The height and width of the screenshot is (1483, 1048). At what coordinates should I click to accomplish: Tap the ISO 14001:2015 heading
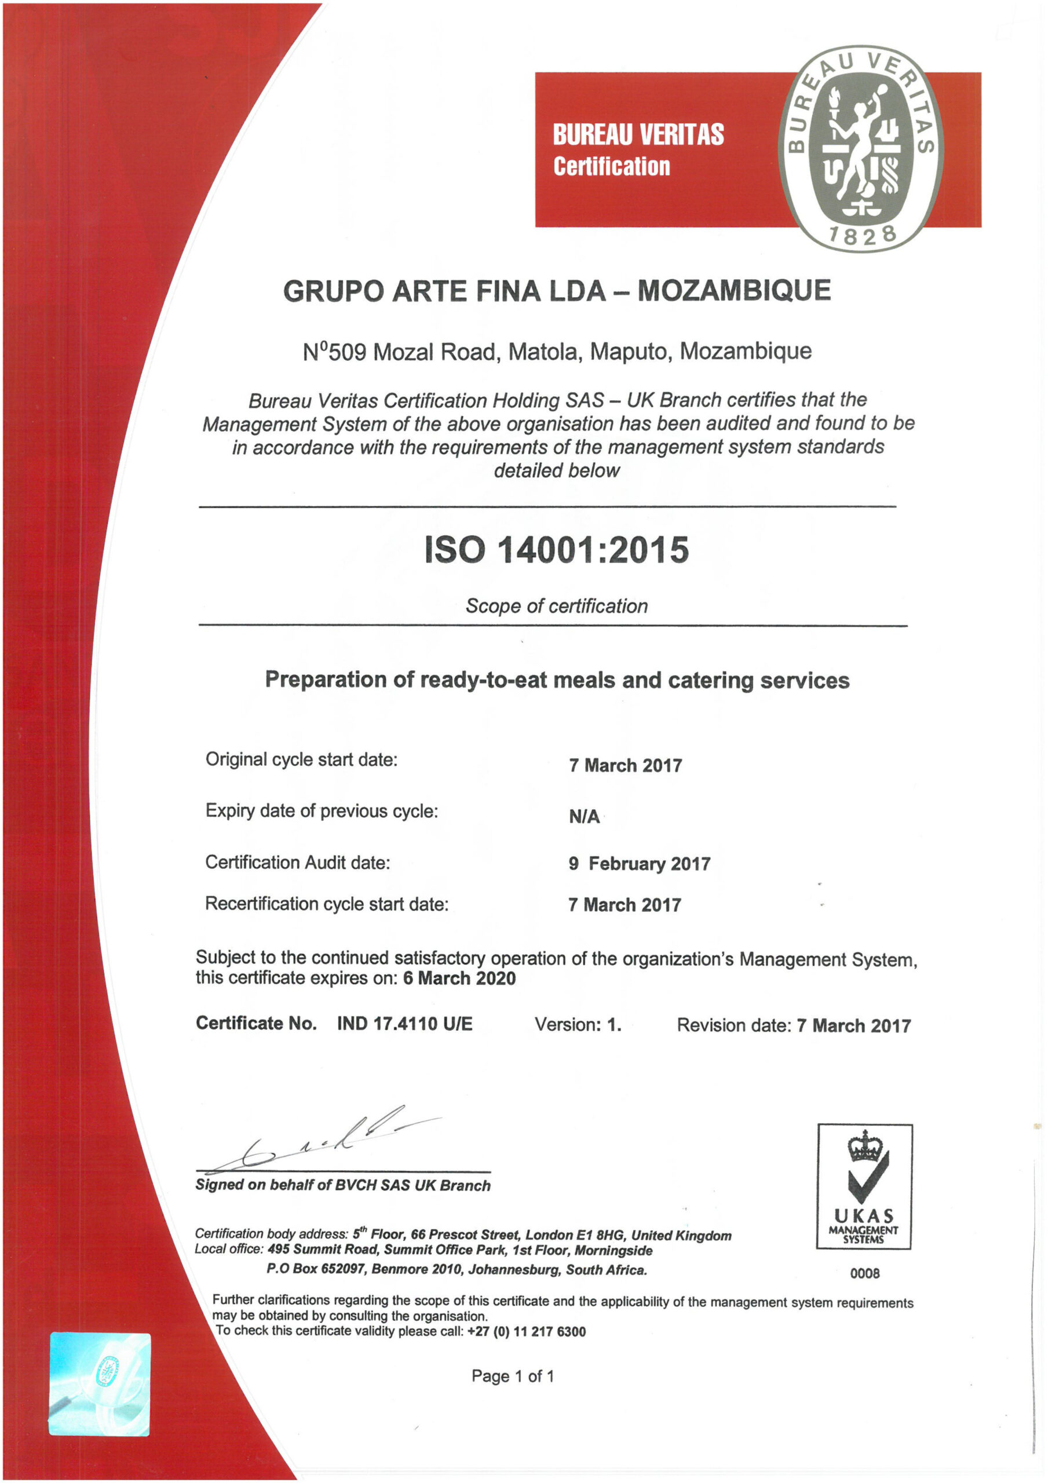pyautogui.click(x=556, y=550)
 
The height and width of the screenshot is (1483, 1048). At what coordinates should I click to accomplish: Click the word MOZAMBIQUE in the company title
pyautogui.click(x=734, y=291)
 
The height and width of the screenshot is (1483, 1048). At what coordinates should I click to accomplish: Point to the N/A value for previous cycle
pyautogui.click(x=583, y=817)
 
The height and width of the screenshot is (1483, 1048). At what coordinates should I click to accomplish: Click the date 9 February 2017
pyautogui.click(x=639, y=864)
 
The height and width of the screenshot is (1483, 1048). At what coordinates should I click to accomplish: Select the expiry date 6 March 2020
pyautogui.click(x=459, y=978)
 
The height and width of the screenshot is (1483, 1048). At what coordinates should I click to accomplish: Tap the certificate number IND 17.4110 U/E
pyautogui.click(x=404, y=1024)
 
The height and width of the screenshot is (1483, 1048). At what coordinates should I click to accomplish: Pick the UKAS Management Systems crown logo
pyautogui.click(x=864, y=1187)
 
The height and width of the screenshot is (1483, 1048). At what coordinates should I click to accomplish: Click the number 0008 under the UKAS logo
pyautogui.click(x=864, y=1274)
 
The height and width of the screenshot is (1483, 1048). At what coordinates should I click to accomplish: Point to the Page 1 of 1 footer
pyautogui.click(x=512, y=1376)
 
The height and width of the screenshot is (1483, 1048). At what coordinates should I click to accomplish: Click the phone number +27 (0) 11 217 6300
pyautogui.click(x=527, y=1332)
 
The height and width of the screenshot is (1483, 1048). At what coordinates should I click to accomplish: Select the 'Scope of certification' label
pyautogui.click(x=556, y=606)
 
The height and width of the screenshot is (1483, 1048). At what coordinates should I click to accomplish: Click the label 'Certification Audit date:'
pyautogui.click(x=297, y=863)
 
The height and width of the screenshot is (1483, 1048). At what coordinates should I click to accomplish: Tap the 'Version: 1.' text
pyautogui.click(x=578, y=1024)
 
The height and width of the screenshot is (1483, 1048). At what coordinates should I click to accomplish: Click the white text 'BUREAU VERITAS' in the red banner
pyautogui.click(x=638, y=134)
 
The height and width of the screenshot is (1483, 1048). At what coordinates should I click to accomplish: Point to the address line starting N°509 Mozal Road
pyautogui.click(x=557, y=352)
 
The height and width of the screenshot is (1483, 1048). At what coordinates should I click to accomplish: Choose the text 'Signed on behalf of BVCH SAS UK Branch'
pyautogui.click(x=342, y=1185)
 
